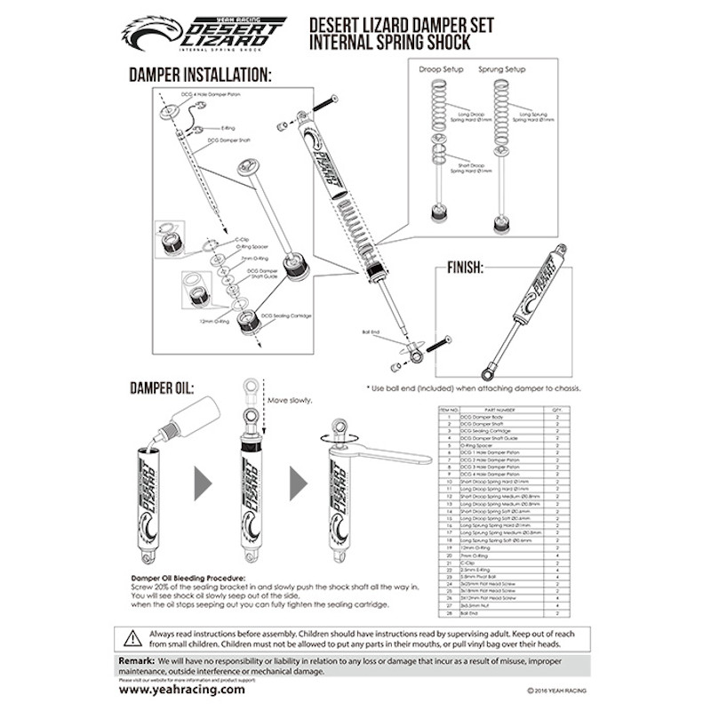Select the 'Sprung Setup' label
(502, 68)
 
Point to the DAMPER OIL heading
(161, 388)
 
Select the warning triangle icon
(133, 636)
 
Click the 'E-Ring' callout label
(228, 127)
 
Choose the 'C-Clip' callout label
(241, 239)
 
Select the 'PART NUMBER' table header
(498, 409)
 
